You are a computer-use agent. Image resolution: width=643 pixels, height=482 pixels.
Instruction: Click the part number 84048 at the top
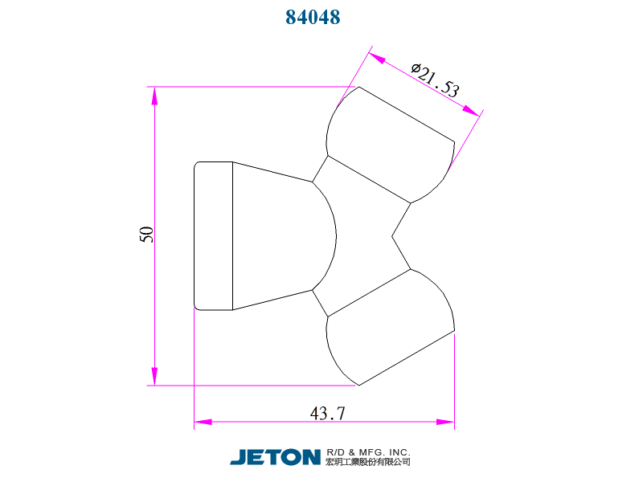(x=313, y=17)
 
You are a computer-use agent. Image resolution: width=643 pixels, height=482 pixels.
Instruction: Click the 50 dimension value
(x=146, y=235)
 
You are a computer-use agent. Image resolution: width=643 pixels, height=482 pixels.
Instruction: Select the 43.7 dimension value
(x=327, y=413)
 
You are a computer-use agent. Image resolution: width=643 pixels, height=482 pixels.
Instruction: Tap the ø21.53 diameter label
(x=436, y=80)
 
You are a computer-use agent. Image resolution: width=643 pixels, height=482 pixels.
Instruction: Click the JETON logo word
(x=275, y=457)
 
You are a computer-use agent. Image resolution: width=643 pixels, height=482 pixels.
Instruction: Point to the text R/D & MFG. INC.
(x=368, y=452)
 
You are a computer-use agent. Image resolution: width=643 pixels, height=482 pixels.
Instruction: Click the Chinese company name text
(x=368, y=462)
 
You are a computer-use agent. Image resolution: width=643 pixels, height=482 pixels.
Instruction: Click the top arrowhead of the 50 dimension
(x=154, y=96)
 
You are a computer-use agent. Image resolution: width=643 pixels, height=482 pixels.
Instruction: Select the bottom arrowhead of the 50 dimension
(x=154, y=376)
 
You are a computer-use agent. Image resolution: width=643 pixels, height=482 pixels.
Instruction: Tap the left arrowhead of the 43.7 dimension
(x=203, y=422)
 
